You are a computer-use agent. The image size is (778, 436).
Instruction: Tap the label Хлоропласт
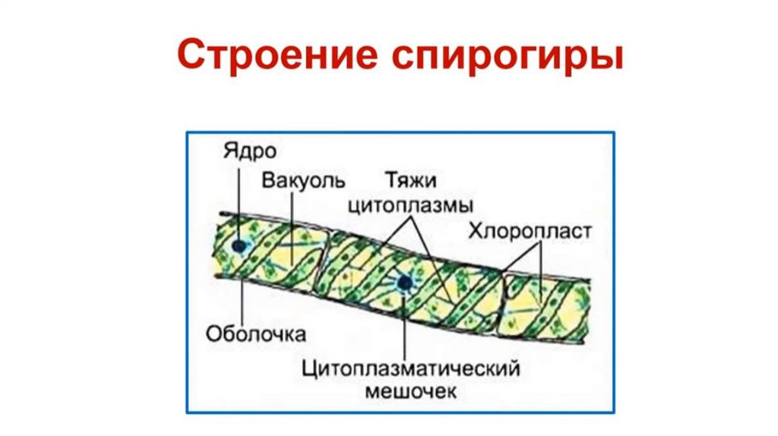(529, 231)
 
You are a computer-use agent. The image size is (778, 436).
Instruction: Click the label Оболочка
(255, 333)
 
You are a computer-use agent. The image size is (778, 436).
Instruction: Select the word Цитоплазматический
(410, 368)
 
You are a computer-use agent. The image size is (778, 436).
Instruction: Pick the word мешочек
(410, 392)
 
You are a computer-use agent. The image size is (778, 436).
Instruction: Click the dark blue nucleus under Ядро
(241, 246)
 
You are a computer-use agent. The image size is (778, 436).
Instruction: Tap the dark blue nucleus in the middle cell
(403, 283)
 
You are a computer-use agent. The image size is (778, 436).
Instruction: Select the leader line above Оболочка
(242, 300)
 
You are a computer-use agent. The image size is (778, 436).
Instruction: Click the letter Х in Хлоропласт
(475, 231)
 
